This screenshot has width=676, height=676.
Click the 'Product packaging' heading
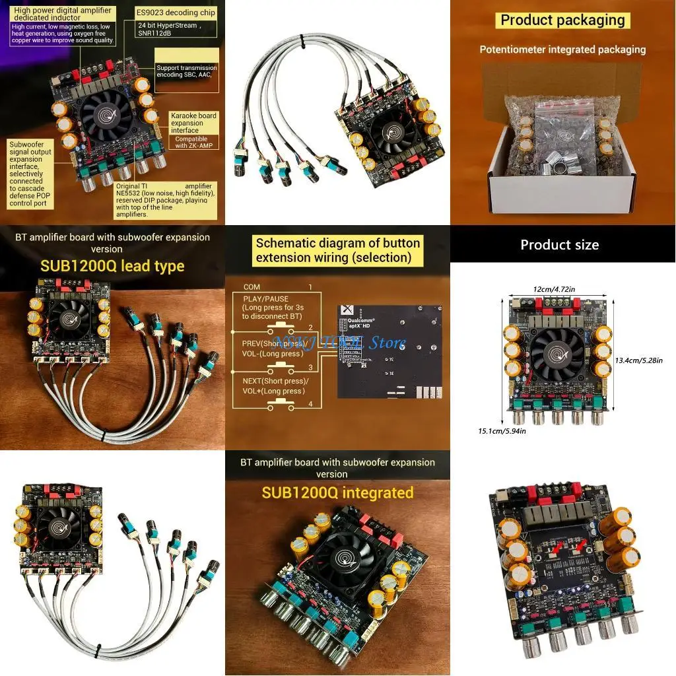(562, 20)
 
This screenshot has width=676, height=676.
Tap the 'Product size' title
(559, 245)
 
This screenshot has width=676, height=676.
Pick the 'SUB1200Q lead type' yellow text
(112, 266)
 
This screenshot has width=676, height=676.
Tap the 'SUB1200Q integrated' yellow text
(337, 492)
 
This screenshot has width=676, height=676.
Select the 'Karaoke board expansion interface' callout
(193, 123)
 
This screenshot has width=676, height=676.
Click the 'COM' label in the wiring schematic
(252, 287)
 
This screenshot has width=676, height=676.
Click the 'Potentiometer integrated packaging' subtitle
(562, 50)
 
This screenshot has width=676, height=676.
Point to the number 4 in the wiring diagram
(310, 404)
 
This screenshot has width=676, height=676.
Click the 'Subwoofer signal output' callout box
(34, 173)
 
